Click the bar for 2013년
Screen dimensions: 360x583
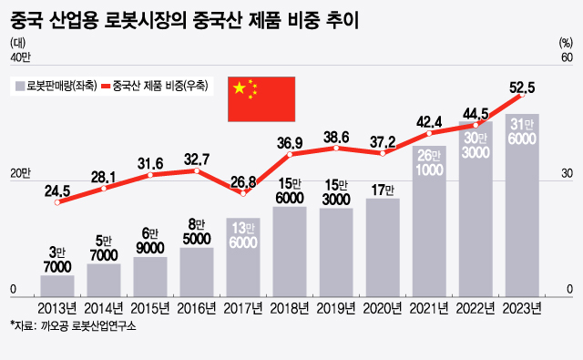57,284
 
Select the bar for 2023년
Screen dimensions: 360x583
522,205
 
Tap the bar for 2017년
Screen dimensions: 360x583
243,256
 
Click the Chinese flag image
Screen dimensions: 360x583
260,98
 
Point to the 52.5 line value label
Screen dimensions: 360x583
522,87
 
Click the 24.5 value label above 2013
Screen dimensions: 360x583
57,191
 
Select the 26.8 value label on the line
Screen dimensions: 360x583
243,181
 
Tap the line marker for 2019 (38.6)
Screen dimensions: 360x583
336,149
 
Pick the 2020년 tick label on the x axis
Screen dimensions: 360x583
383,307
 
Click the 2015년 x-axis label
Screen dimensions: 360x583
150,307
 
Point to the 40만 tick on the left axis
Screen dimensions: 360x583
20,59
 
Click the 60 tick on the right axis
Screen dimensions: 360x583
566,59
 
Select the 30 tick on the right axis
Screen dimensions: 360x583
566,175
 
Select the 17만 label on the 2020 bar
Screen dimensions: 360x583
383,190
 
